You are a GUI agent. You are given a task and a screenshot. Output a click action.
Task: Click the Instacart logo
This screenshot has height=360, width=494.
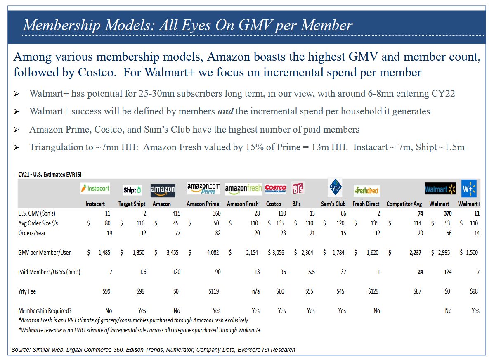pos(95,189)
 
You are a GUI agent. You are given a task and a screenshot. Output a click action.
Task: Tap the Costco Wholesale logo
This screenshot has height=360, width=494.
pos(275,189)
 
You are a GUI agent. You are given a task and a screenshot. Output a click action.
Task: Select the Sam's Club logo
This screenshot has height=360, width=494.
pos(335,187)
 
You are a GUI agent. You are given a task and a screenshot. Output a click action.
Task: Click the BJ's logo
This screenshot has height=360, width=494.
pos(298,189)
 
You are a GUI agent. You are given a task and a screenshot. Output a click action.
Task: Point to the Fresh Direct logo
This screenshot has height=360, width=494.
pos(366,191)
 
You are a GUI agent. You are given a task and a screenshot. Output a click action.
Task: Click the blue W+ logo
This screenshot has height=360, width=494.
pos(469,189)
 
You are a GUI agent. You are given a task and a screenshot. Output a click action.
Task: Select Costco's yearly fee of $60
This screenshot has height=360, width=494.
pos(281,291)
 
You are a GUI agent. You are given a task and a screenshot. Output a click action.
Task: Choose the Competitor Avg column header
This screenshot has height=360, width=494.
pos(404,204)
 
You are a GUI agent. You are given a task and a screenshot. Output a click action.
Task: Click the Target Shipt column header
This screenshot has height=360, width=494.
pos(132,204)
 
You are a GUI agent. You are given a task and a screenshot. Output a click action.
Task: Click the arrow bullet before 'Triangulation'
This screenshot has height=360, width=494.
pos(17,148)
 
